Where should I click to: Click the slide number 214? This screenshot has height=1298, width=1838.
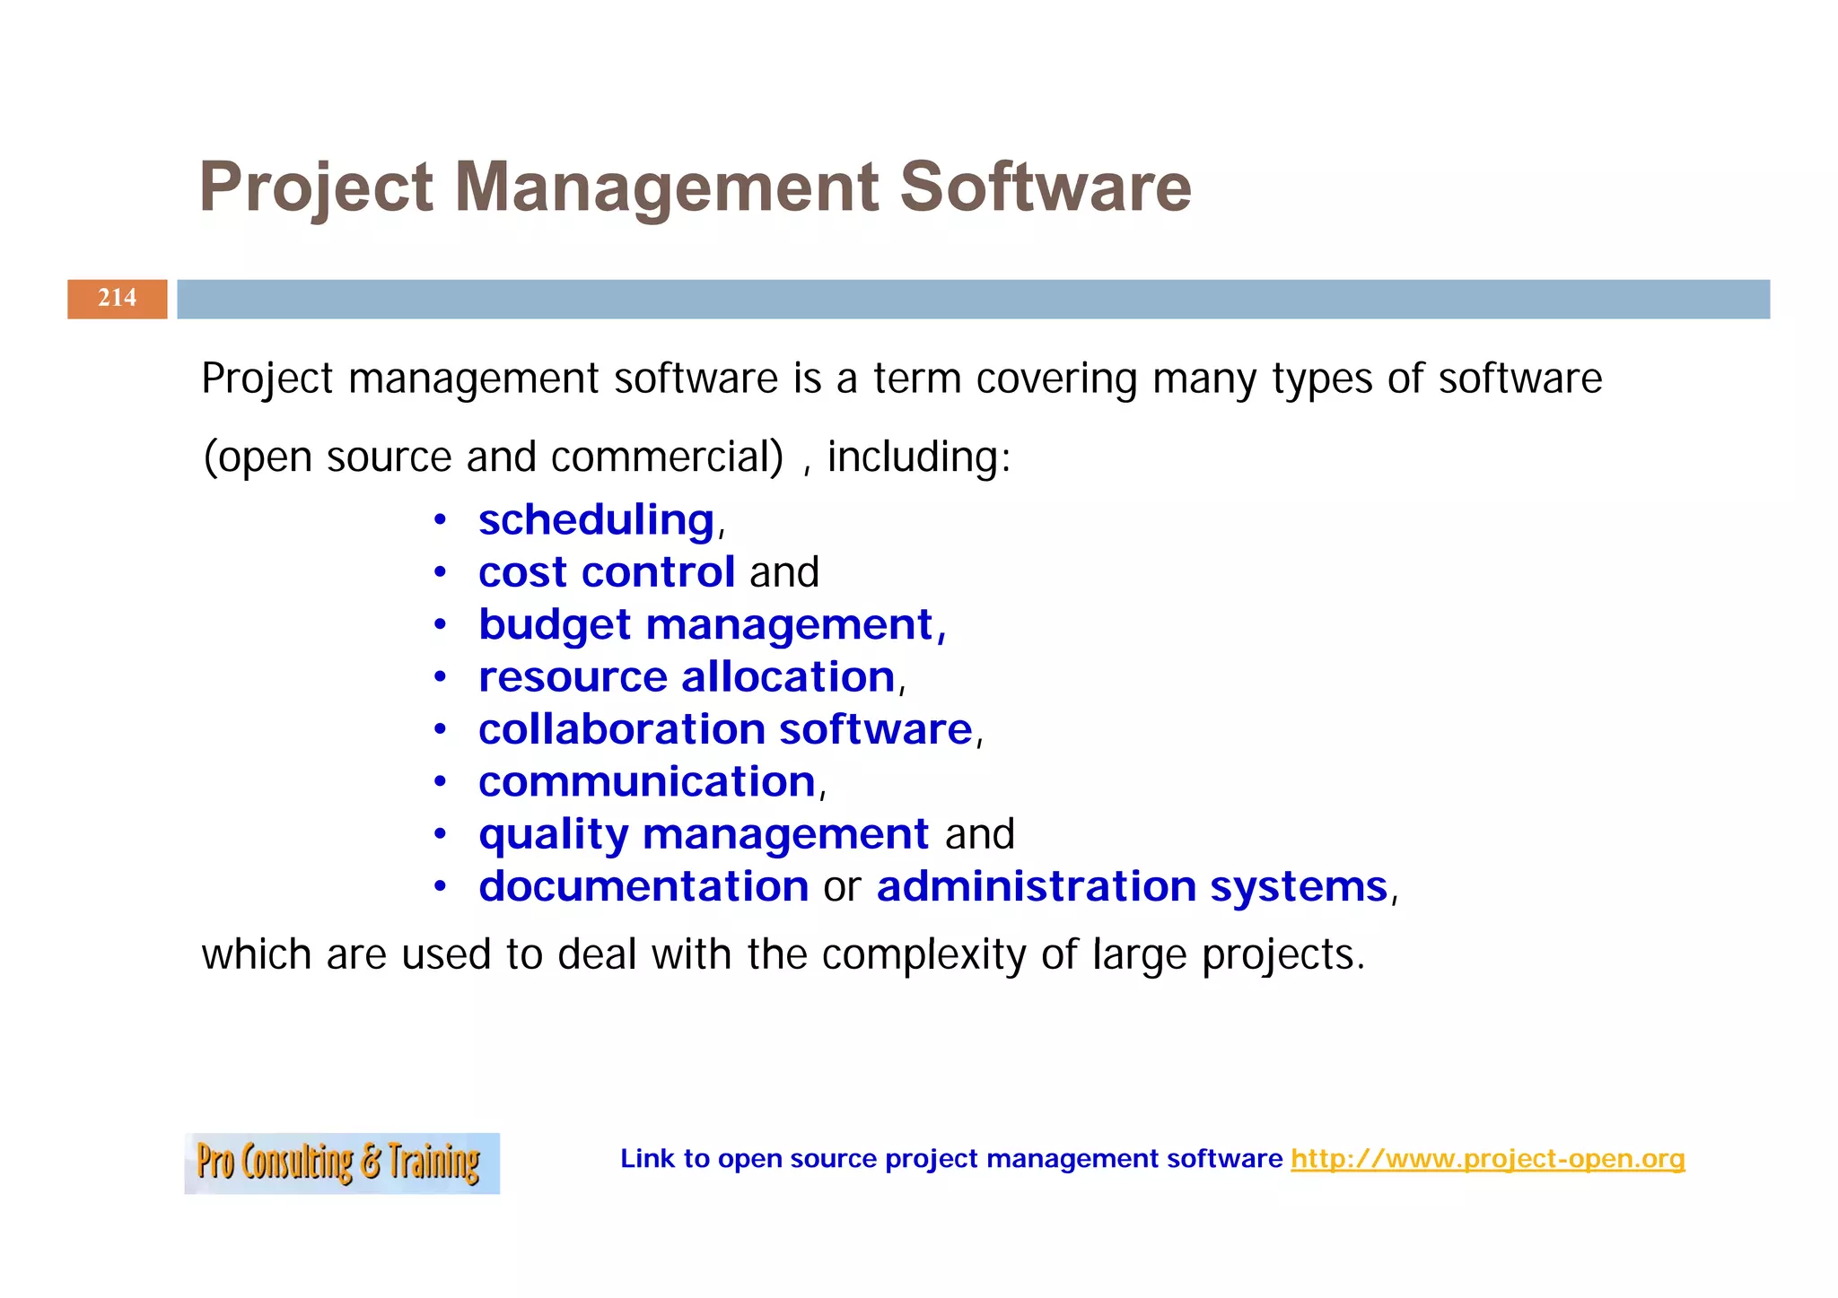click(x=118, y=298)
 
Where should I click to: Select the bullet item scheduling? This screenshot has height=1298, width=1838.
click(x=596, y=520)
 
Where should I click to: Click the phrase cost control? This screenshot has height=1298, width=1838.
click(x=607, y=572)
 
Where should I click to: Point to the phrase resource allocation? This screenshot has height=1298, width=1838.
click(x=687, y=677)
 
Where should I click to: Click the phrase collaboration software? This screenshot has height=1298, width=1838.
click(x=725, y=729)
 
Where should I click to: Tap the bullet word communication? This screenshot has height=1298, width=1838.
click(x=646, y=782)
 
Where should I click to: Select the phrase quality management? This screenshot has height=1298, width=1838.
click(x=704, y=834)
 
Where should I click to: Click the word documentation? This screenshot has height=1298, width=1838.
click(x=643, y=887)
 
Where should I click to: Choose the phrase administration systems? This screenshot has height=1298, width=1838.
click(x=1132, y=887)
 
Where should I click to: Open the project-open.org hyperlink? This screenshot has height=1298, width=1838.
click(x=1487, y=1159)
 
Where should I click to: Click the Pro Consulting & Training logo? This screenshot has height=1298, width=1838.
click(x=341, y=1163)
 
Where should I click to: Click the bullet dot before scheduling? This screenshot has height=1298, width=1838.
click(x=440, y=521)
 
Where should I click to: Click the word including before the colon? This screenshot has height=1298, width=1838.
click(x=911, y=457)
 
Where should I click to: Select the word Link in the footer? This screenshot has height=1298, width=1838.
click(x=647, y=1159)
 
